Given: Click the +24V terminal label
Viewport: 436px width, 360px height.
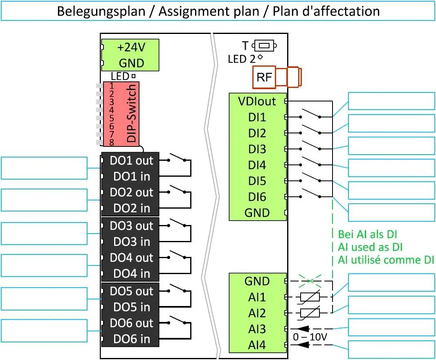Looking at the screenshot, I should [131, 47].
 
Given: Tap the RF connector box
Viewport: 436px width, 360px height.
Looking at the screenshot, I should [264, 77].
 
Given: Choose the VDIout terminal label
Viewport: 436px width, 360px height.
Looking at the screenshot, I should [257, 101].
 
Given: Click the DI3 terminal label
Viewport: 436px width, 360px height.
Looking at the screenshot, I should [257, 149].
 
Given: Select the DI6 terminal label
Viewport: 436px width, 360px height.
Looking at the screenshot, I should [257, 197].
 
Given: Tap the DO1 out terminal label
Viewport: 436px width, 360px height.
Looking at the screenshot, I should [131, 161].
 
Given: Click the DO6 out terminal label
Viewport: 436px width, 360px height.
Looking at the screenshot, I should [131, 323].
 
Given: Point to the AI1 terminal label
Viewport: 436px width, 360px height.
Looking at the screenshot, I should [257, 297].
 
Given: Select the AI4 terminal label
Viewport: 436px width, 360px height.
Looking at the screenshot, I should [257, 345].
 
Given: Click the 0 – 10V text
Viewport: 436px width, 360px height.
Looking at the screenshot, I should [310, 337].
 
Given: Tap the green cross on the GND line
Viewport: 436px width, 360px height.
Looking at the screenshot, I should [310, 281].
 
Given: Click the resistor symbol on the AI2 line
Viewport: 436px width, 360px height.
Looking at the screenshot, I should [310, 313].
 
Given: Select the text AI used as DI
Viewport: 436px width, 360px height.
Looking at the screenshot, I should [370, 247].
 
